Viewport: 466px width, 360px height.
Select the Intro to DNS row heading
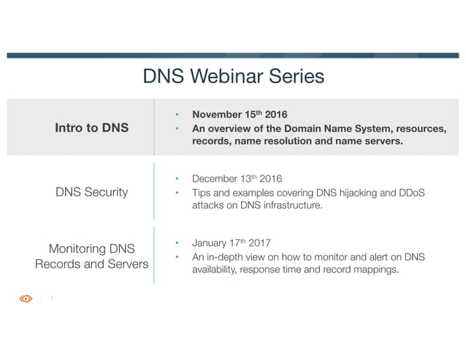point(92,128)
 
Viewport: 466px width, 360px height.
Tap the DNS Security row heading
point(92,192)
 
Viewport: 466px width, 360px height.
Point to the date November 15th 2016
point(240,115)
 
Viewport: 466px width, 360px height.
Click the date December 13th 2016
point(237,179)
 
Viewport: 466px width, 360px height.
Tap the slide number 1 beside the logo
point(52,299)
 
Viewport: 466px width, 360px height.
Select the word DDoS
point(411,193)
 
